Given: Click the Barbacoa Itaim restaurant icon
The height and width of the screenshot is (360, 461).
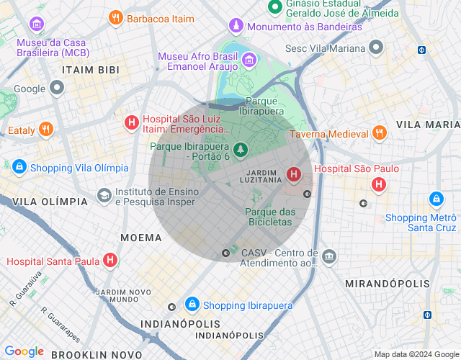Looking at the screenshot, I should click(x=115, y=18).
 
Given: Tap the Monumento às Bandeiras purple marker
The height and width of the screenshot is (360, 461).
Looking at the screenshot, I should click(x=236, y=27).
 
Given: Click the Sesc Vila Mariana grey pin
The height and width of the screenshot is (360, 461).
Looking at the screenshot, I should click(x=375, y=48).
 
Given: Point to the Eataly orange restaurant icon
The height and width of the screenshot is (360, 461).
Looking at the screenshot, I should click(x=45, y=130).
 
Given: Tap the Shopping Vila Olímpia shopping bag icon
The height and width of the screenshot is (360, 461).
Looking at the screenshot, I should click(x=19, y=168).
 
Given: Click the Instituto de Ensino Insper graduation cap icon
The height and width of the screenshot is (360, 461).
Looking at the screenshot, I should click(x=104, y=196).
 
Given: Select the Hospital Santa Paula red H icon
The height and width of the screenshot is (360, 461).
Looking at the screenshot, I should click(x=109, y=261).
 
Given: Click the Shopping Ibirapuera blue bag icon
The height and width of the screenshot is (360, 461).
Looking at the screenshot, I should click(x=192, y=305).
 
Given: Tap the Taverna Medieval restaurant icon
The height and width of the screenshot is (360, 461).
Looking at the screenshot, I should click(x=379, y=133).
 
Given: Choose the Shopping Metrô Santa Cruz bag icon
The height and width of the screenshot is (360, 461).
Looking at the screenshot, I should click(x=435, y=198).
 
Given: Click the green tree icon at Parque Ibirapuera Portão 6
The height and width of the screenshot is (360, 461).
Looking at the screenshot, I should click(x=242, y=150).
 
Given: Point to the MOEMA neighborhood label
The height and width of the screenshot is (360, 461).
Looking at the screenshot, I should click(x=141, y=237).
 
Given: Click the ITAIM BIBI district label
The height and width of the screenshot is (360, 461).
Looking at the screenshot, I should click(x=90, y=70).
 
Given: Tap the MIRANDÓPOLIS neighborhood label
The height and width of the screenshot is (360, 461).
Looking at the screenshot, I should click(x=387, y=284).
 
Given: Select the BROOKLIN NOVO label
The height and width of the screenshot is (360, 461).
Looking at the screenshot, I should click(x=97, y=354).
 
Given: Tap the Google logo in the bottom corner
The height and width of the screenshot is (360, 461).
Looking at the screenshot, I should click(x=24, y=351).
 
